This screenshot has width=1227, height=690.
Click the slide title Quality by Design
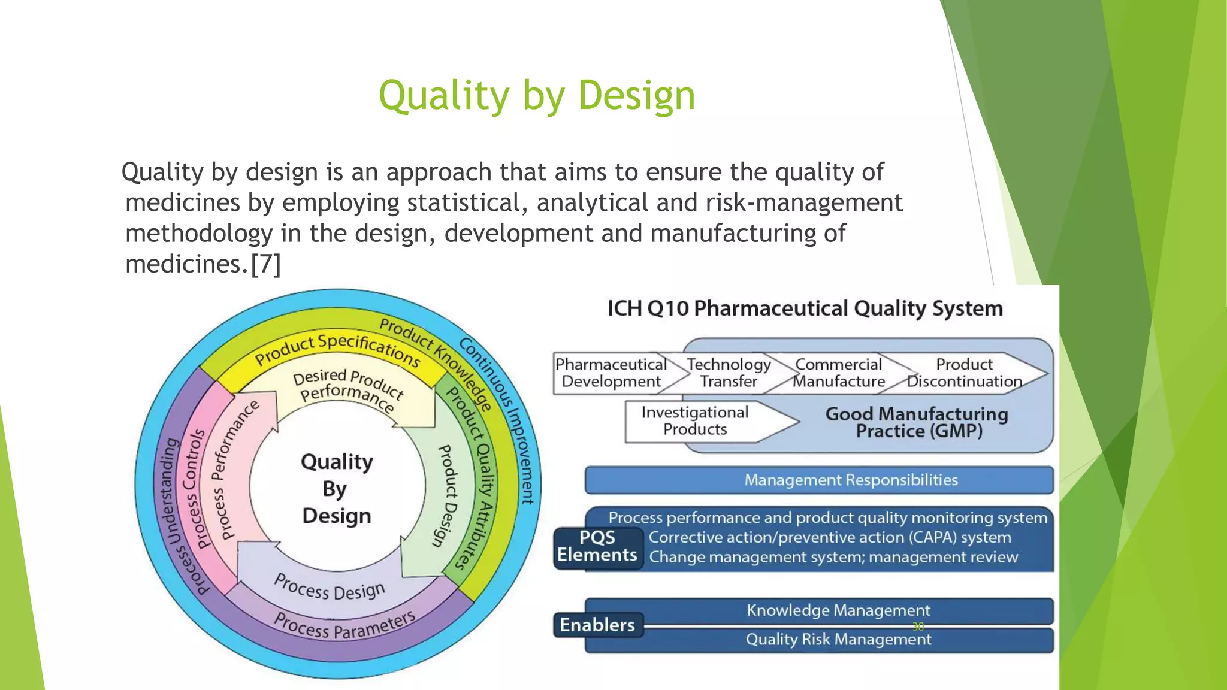coord(537,96)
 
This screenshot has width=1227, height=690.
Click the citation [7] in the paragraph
coord(265,264)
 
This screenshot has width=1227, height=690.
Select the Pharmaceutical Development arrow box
coord(611,373)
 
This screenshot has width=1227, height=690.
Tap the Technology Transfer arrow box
coord(729,373)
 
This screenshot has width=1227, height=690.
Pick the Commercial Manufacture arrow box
coord(839,373)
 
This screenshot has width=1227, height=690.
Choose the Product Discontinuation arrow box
coord(965,373)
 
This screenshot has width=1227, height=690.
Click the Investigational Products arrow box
coord(695,421)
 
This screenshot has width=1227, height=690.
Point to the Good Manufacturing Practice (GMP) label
coord(917,422)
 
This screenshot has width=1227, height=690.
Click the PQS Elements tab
coord(597,546)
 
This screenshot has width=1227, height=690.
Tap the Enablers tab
coord(597,625)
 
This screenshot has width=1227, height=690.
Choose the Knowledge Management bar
coord(838,610)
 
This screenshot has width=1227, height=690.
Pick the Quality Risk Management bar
coord(838,640)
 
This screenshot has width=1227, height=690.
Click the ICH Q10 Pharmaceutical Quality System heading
coord(805,308)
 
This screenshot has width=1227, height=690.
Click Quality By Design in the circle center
coord(337,488)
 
